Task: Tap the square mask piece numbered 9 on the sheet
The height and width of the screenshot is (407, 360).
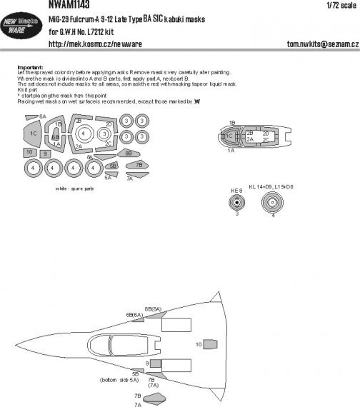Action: [45, 154]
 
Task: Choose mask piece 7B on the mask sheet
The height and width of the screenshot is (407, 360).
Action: [131, 166]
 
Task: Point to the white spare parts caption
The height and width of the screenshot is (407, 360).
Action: [71, 189]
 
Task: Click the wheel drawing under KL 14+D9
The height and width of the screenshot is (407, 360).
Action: [273, 204]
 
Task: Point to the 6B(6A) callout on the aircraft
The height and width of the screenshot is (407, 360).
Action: [134, 315]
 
